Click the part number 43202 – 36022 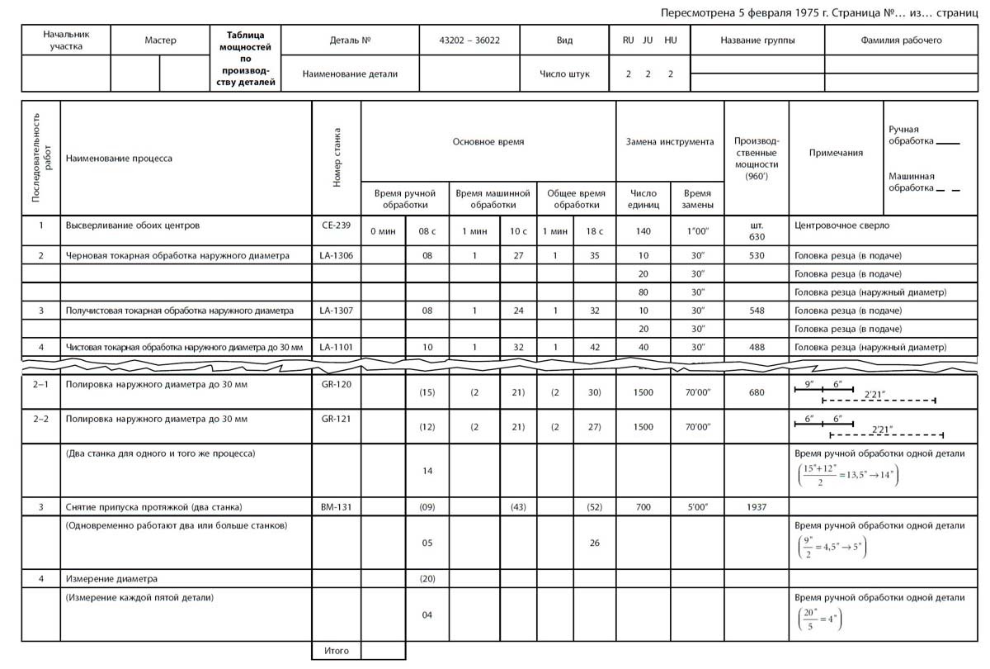tap(470, 40)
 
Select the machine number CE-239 tap(336, 225)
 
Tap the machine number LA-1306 tap(336, 256)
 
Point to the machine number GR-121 tap(336, 419)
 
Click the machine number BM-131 tap(336, 506)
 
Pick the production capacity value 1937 tap(757, 506)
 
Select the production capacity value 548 tap(757, 311)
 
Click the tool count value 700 tap(643, 506)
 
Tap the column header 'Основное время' tap(488, 142)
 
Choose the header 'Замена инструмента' tap(670, 142)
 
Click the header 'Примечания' tap(836, 153)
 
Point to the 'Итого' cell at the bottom tap(337, 651)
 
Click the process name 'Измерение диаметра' tap(111, 578)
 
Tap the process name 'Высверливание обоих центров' tap(132, 225)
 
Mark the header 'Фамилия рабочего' tap(901, 40)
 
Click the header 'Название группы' tap(757, 40)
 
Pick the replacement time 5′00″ tap(697, 506)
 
